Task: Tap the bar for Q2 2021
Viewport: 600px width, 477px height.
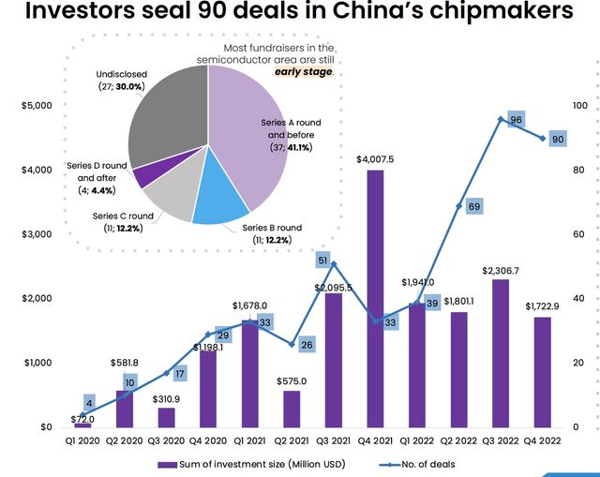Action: tap(292, 409)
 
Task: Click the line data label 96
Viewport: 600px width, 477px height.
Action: tap(515, 120)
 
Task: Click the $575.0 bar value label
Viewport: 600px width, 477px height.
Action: tap(292, 381)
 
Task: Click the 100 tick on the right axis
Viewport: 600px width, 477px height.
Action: tap(580, 106)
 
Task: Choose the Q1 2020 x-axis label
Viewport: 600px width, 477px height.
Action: tap(82, 440)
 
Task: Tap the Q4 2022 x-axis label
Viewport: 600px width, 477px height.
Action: tap(542, 440)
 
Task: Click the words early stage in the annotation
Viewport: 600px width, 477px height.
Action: tap(302, 71)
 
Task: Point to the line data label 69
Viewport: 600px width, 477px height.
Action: tap(473, 206)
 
